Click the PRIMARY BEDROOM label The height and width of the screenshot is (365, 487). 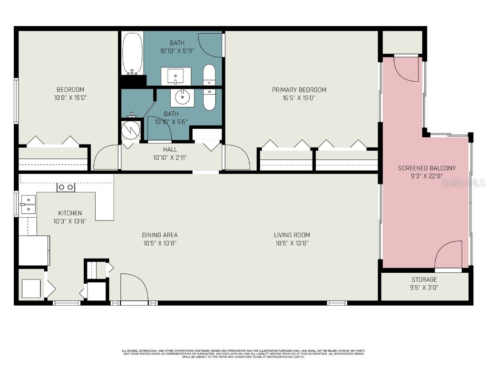[299, 90]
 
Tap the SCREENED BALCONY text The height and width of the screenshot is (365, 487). [427, 168]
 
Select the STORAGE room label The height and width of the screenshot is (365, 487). [424, 279]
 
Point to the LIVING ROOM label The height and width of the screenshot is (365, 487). [292, 235]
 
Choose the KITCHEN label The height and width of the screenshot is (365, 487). [70, 213]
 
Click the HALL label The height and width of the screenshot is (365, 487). [170, 150]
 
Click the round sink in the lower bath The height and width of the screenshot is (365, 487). [183, 97]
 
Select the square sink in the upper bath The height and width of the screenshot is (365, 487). [176, 75]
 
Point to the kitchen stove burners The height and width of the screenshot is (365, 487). [66, 187]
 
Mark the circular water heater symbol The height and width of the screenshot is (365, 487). [130, 130]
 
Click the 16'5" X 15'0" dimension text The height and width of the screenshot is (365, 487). [299, 98]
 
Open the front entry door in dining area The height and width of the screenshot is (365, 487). [133, 288]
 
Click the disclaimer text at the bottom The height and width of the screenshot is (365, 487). [243, 354]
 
